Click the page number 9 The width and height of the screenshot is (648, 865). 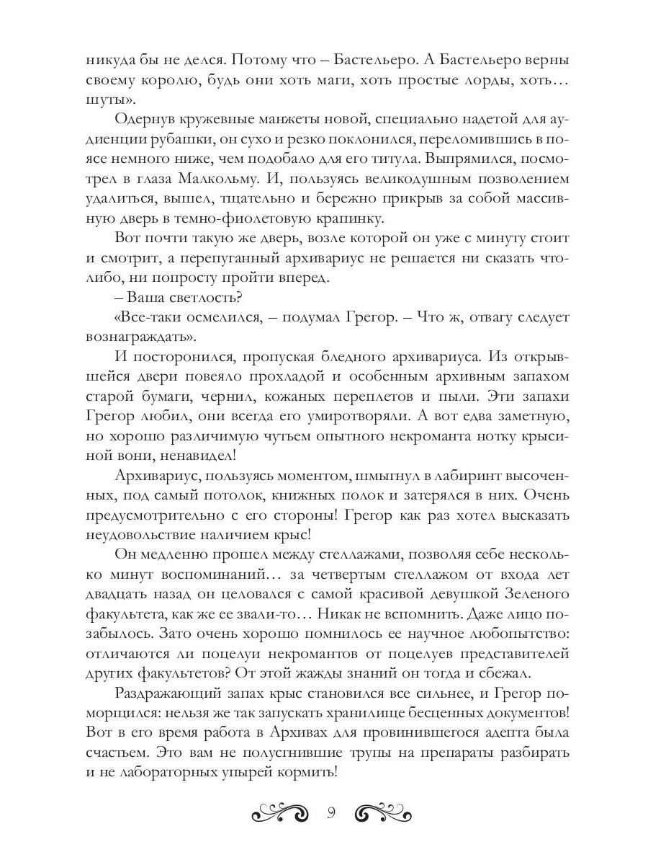[x=330, y=813]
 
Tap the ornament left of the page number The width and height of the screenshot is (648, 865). [x=282, y=814]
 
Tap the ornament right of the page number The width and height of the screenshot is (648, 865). [x=384, y=814]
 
